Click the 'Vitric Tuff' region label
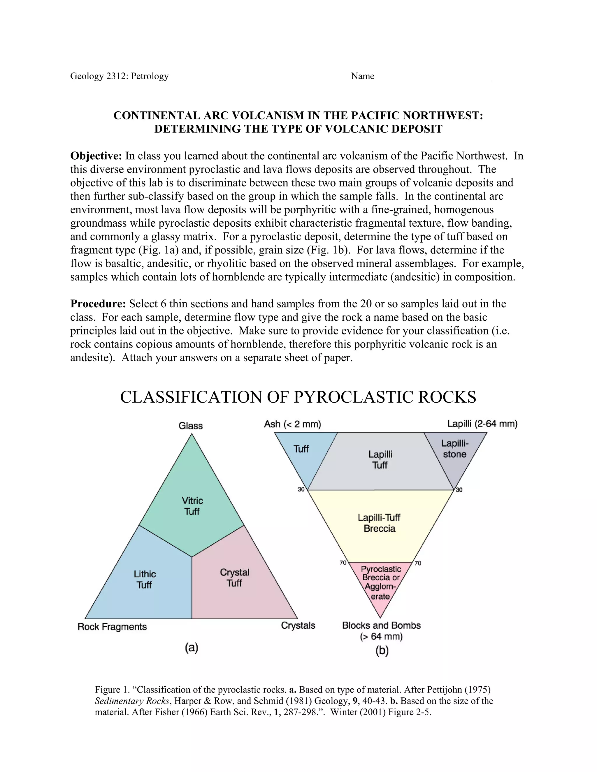[192, 506]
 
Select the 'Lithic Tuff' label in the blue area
[145, 579]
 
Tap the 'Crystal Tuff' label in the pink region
[234, 578]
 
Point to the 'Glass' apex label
[191, 426]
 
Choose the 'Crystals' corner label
[298, 625]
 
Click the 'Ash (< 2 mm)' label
[292, 424]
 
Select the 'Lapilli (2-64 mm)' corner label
[482, 424]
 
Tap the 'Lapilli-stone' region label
[455, 449]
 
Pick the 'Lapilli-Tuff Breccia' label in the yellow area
[379, 523]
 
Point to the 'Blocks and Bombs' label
[381, 625]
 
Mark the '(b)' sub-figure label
[382, 651]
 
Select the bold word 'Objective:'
[96, 156]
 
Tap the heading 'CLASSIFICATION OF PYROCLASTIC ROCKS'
[298, 397]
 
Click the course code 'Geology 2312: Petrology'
[119, 76]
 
